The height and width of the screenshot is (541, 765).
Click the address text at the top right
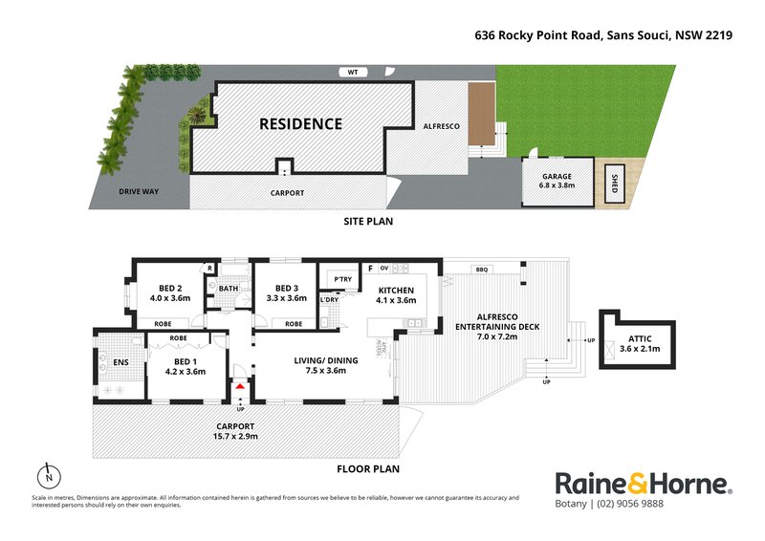coord(603,35)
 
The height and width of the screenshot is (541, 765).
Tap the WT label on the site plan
coord(353,72)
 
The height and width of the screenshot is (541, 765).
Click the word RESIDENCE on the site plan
coord(301,124)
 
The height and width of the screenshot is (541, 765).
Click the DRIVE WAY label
coord(139,192)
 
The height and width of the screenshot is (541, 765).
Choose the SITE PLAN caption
coord(368,221)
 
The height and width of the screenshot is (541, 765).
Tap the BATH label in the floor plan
coord(228,289)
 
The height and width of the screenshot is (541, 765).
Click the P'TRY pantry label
coord(340,279)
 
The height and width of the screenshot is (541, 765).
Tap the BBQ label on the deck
coord(481,270)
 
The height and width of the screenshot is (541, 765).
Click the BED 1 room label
coord(186,365)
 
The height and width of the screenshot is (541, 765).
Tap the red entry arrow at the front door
coord(239,386)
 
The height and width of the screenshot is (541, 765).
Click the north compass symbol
coord(47,475)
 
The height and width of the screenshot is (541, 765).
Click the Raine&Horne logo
coord(644,484)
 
